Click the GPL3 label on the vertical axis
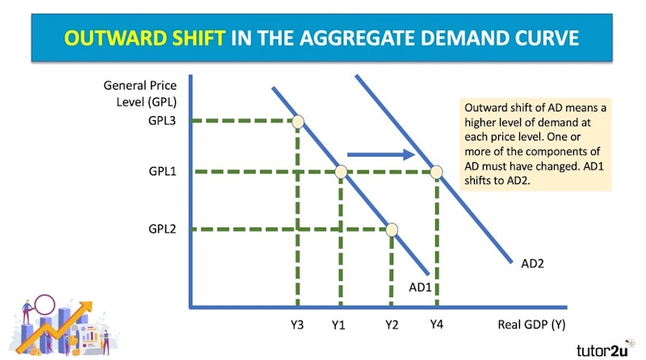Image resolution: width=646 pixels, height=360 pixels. pyautogui.click(x=162, y=121)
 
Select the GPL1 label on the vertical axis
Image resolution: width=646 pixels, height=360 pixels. pyautogui.click(x=162, y=171)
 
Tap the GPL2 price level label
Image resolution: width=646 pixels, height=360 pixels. pyautogui.click(x=162, y=228)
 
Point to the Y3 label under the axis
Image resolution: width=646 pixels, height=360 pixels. pyautogui.click(x=296, y=325)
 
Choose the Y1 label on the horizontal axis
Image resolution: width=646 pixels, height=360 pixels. pyautogui.click(x=338, y=325)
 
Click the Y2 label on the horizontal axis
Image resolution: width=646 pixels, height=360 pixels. pyautogui.click(x=392, y=325)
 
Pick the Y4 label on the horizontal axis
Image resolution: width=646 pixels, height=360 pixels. pyautogui.click(x=436, y=324)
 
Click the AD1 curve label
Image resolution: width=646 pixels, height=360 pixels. pyautogui.click(x=420, y=287)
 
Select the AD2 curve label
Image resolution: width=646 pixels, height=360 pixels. pyautogui.click(x=532, y=264)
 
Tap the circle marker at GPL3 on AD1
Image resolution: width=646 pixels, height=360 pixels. pyautogui.click(x=298, y=122)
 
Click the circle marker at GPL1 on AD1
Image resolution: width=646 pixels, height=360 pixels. pyautogui.click(x=341, y=172)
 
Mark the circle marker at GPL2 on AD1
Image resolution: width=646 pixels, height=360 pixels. pyautogui.click(x=392, y=229)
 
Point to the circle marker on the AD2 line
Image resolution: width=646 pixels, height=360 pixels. pyautogui.click(x=436, y=172)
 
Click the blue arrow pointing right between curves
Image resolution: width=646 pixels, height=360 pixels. pyautogui.click(x=381, y=154)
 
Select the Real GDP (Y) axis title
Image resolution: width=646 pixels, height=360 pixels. pyautogui.click(x=531, y=325)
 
